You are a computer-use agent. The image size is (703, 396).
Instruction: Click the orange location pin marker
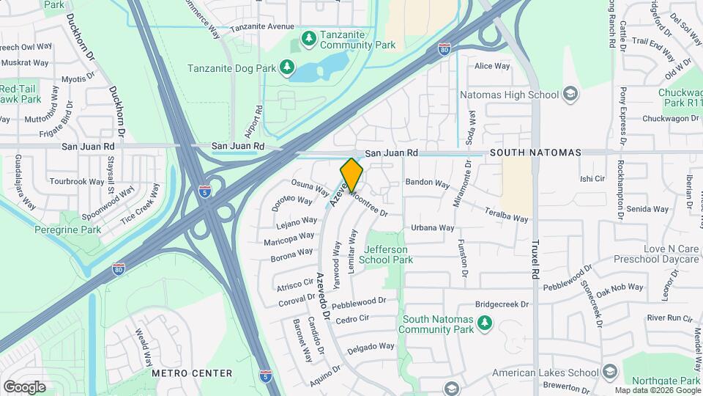351,175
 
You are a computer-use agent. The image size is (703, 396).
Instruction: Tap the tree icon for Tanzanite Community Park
309,37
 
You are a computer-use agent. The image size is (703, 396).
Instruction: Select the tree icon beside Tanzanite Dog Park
287,67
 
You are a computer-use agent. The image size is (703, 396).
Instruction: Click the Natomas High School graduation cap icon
570,95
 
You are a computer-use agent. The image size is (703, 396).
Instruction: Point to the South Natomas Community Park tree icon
483,323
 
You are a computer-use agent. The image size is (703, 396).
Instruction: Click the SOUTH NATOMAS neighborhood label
535,153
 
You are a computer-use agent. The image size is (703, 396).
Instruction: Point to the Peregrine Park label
67,230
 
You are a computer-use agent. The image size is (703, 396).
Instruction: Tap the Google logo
24,386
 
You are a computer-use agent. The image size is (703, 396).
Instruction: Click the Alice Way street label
492,66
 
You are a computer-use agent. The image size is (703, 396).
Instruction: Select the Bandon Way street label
427,182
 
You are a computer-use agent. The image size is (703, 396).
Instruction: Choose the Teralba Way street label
506,214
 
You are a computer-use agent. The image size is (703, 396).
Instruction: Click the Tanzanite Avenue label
261,26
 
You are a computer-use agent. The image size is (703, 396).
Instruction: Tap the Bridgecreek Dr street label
502,303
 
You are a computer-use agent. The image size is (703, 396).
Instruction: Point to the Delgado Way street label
371,347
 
